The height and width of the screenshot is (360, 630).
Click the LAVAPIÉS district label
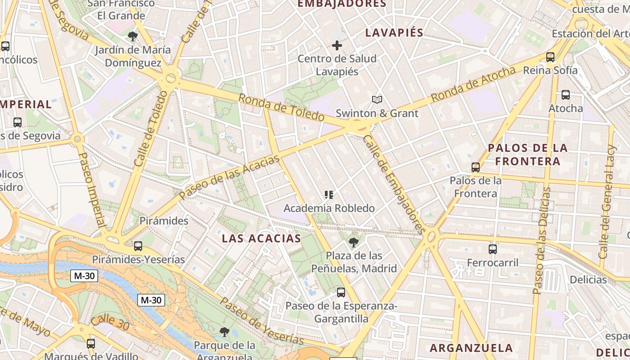pyautogui.click(x=394, y=32)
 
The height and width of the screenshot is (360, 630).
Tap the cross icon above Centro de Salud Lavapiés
pyautogui.click(x=337, y=45)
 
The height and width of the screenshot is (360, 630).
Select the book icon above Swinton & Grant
pyautogui.click(x=377, y=99)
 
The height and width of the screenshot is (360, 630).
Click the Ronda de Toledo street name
pyautogui.click(x=281, y=107)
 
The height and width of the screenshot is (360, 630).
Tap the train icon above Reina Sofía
pyautogui.click(x=550, y=57)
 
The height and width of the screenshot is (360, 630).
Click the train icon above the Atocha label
pyautogui.click(x=566, y=95)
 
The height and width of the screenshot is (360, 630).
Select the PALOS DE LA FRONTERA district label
pyautogui.click(x=527, y=154)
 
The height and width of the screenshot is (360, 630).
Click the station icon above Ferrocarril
pyautogui.click(x=493, y=249)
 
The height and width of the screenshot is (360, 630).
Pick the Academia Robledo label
pyautogui.click(x=329, y=208)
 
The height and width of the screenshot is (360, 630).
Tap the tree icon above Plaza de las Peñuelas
pyautogui.click(x=354, y=243)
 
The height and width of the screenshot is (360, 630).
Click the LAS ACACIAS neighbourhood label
pyautogui.click(x=261, y=238)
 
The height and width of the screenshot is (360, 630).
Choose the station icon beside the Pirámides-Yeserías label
pyautogui.click(x=138, y=246)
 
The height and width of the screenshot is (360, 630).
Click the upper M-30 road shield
pyautogui.click(x=84, y=276)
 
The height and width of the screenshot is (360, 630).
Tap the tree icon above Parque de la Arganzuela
pyautogui.click(x=224, y=333)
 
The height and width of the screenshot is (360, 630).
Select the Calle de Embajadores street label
pyautogui.click(x=394, y=184)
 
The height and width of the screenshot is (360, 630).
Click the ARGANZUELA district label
pyautogui.click(x=471, y=348)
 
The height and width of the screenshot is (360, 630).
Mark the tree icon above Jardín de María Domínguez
pyautogui.click(x=132, y=36)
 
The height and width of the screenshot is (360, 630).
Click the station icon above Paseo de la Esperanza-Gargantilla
pyautogui.click(x=341, y=292)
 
